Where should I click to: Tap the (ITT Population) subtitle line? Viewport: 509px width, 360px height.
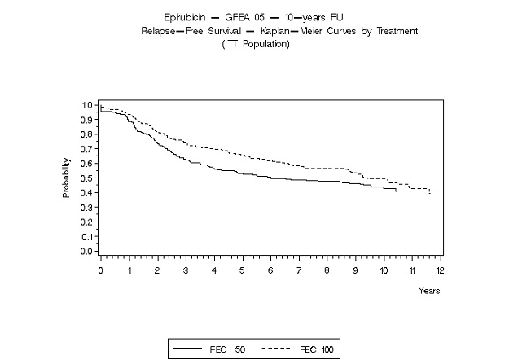coord(256,43)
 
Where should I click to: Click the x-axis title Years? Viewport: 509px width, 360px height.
coord(429,290)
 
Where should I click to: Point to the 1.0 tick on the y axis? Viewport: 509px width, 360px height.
coord(86,105)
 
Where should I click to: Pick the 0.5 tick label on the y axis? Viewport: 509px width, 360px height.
coord(86,178)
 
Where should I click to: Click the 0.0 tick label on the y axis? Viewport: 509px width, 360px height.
coord(86,251)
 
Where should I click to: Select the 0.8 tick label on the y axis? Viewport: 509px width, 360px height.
coord(86,134)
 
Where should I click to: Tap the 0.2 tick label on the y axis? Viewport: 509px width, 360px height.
coord(86,222)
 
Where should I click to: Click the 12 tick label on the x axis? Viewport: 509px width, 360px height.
coord(441,269)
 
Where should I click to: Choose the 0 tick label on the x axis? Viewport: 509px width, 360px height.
coord(100,269)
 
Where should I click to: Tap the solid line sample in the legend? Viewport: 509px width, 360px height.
coord(188,349)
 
